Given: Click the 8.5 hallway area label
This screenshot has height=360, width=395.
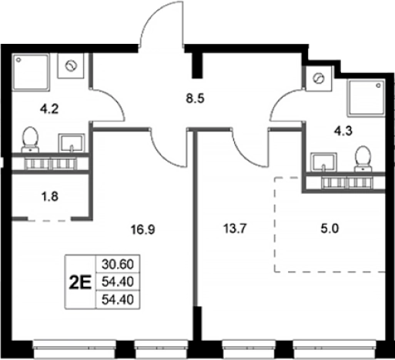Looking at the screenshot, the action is click(x=195, y=98).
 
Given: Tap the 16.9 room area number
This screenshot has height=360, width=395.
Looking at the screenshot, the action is click(x=143, y=229).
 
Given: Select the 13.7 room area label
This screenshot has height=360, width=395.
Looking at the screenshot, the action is click(x=235, y=228).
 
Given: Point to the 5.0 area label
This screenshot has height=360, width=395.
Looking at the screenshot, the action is click(x=330, y=228).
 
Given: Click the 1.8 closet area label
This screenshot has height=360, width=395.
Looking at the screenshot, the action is click(x=50, y=197).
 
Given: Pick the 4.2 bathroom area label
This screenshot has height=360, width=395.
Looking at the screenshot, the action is click(x=49, y=109).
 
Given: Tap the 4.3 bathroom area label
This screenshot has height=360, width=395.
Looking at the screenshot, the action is click(x=343, y=131).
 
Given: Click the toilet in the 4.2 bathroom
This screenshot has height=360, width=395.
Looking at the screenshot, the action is click(x=30, y=139).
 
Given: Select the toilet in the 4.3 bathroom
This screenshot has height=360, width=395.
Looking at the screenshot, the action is click(x=363, y=158).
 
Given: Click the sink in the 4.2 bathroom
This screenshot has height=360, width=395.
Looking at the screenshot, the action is click(x=72, y=143).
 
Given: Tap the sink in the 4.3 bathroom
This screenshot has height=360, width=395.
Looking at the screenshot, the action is click(x=323, y=162).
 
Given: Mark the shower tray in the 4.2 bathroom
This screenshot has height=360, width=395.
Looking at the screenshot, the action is click(x=31, y=72).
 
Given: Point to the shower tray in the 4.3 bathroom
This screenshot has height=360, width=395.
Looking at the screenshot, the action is click(x=367, y=98).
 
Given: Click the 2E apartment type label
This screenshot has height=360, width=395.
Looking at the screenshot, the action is click(x=80, y=282).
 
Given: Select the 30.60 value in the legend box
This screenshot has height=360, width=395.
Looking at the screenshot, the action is click(x=118, y=264).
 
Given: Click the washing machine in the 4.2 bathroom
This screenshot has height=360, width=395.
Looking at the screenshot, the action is click(x=71, y=66).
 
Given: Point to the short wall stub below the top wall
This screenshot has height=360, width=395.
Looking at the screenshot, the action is click(x=198, y=65).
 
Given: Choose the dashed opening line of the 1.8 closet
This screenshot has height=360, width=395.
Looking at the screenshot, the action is click(x=49, y=220).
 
